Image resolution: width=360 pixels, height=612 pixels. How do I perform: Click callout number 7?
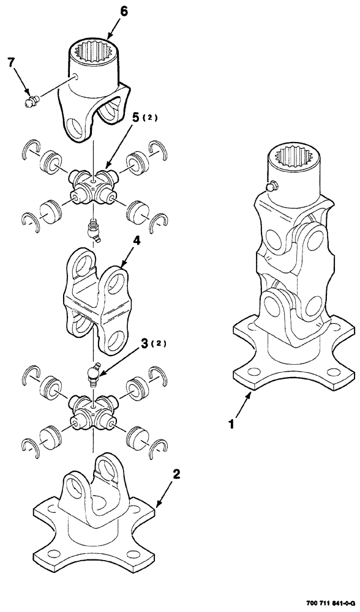(x=10, y=62)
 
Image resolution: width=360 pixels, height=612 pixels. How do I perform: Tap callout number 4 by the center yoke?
(x=137, y=242)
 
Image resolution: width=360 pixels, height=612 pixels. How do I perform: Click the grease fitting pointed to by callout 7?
(x=28, y=101)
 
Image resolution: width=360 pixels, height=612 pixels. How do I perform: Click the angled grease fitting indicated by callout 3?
(x=92, y=371)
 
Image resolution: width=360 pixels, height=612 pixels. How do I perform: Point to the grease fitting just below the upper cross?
(x=93, y=228)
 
